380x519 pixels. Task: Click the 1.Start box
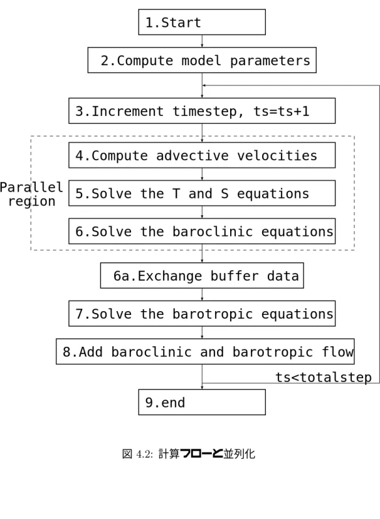202,22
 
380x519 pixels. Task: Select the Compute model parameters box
202,60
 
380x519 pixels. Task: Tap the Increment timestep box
202,111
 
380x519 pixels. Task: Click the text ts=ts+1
282,111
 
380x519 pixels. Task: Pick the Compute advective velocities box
202,155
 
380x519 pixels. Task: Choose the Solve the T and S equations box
202,193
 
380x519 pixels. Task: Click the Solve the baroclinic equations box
202,231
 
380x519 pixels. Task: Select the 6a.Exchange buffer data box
202,275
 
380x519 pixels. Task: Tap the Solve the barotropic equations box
202,314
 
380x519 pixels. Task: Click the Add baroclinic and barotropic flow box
205,351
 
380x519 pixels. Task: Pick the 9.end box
202,402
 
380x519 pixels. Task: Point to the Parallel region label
31,194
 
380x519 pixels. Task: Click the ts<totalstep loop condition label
324,378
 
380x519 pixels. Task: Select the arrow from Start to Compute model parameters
202,41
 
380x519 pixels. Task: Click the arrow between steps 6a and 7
202,295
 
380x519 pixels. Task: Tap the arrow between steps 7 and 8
202,332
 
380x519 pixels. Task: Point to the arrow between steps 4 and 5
202,174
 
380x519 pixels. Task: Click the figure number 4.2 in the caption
143,454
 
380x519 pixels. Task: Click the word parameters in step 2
270,61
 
